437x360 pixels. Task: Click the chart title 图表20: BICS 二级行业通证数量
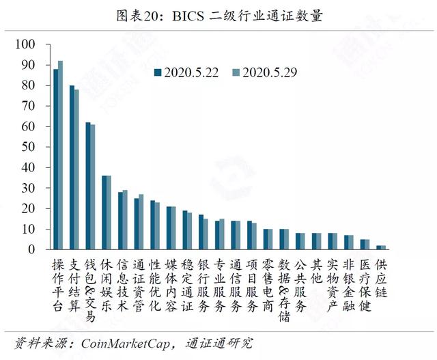(x=219, y=16)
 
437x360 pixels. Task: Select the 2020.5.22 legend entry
(x=186, y=72)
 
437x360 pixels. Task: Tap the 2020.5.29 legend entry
(x=265, y=72)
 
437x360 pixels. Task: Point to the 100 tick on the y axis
(x=25, y=44)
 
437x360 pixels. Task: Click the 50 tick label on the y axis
(x=29, y=147)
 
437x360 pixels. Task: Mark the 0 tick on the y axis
(x=31, y=249)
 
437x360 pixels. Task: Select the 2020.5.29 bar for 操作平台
(x=61, y=155)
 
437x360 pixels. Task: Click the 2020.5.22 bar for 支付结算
(x=72, y=167)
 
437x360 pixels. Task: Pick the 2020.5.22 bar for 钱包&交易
(x=88, y=186)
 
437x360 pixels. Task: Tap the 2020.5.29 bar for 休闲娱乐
(x=109, y=212)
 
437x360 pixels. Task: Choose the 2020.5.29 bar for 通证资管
(x=141, y=222)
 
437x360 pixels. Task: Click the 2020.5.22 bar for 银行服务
(x=201, y=232)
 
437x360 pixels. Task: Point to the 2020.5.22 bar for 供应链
(x=378, y=247)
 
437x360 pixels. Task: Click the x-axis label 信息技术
(x=123, y=285)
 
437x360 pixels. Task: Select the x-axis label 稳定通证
(x=187, y=285)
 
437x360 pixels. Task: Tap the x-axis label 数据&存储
(x=284, y=290)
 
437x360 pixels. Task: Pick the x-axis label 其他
(x=316, y=271)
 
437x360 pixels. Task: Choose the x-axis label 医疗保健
(x=365, y=285)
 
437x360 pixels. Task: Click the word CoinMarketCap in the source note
(x=126, y=344)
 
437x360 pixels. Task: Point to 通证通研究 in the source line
(x=219, y=344)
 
